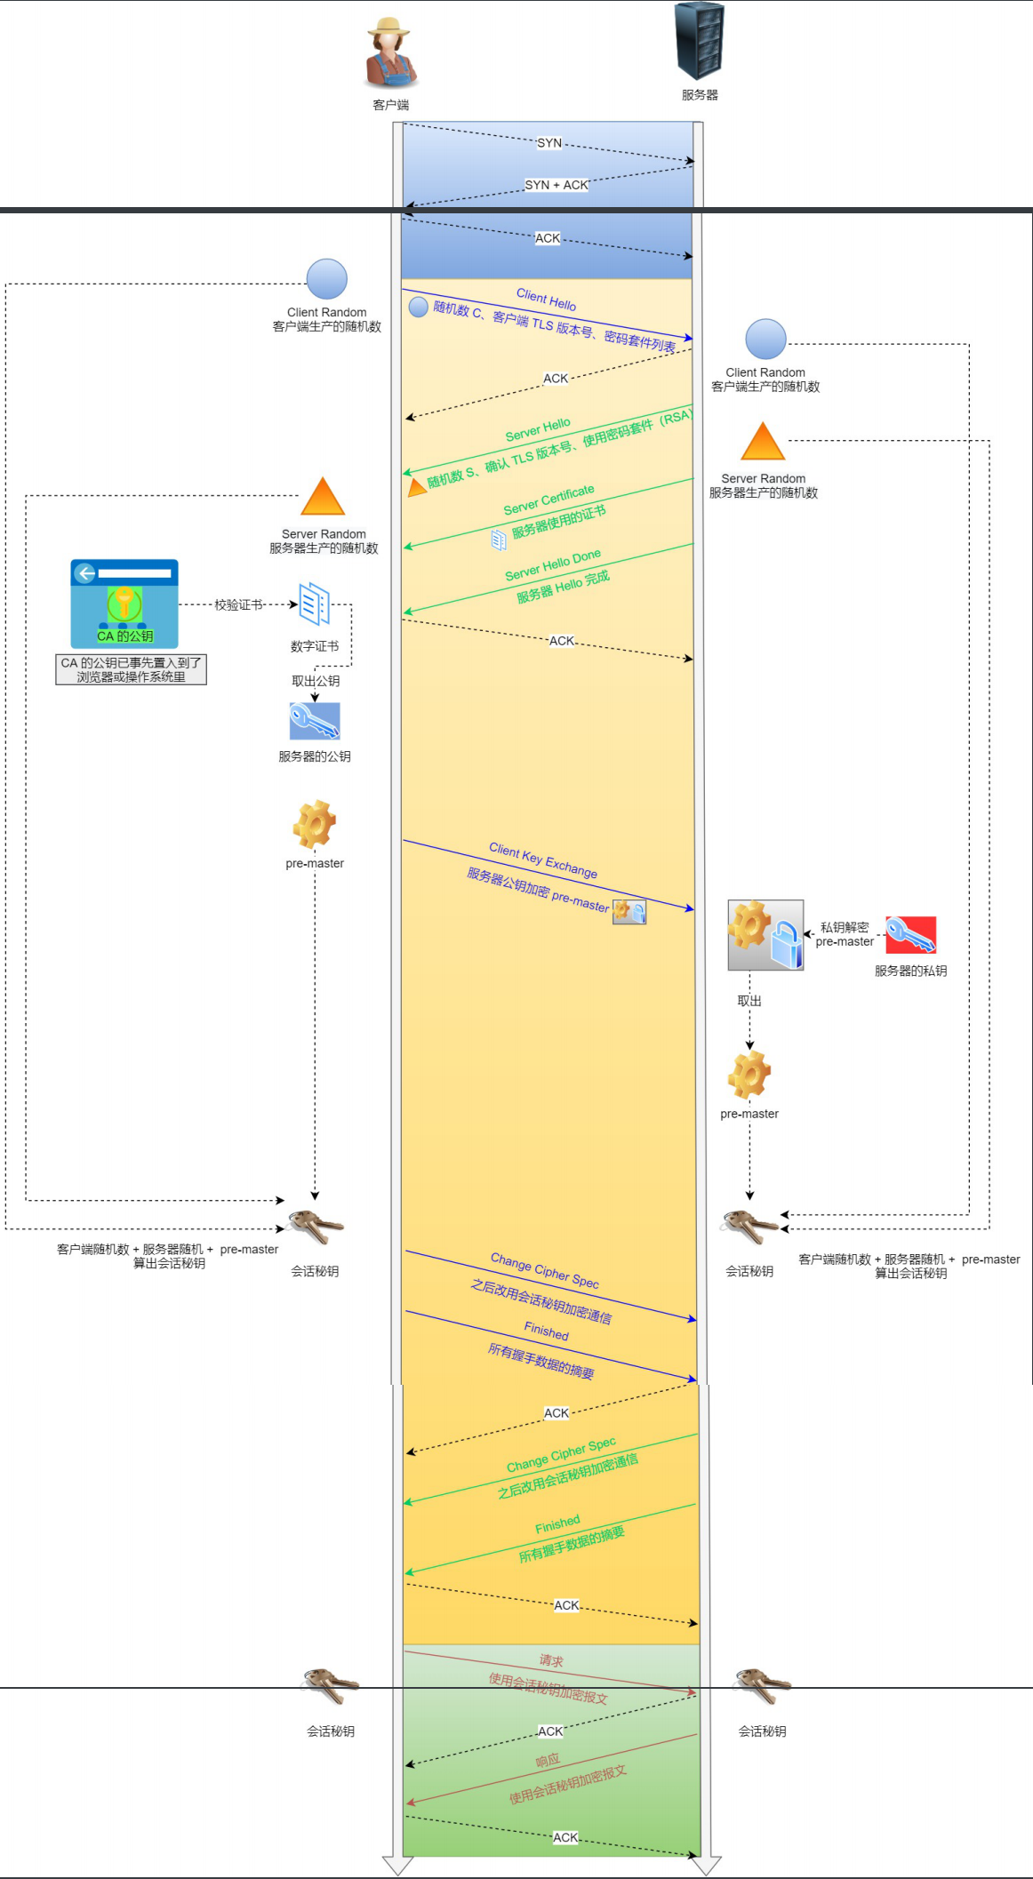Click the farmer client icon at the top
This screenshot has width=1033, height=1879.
[x=390, y=52]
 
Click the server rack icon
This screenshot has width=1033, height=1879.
[x=700, y=41]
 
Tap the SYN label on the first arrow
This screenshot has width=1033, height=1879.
[x=549, y=143]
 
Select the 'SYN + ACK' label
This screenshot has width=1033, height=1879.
[x=557, y=185]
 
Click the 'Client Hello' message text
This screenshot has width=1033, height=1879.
[x=546, y=300]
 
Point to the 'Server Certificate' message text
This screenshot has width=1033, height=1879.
[x=549, y=500]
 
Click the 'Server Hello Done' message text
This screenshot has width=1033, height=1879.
[x=553, y=565]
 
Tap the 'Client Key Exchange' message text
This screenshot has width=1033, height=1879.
[x=543, y=860]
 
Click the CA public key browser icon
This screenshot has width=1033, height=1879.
[x=124, y=603]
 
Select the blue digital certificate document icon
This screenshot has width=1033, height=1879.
[x=315, y=604]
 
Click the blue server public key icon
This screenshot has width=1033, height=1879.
[x=315, y=721]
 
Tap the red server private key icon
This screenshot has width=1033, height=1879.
[x=910, y=934]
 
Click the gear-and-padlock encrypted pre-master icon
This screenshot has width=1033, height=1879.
[x=765, y=934]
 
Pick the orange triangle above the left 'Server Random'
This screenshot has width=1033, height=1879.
[x=323, y=497]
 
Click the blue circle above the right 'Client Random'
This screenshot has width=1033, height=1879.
[x=765, y=340]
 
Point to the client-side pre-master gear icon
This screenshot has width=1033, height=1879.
[x=315, y=824]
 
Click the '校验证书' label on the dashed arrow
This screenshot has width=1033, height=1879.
[x=238, y=604]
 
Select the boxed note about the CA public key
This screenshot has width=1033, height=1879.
[x=131, y=669]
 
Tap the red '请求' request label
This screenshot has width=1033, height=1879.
[x=551, y=1660]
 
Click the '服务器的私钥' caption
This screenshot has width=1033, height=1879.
[x=910, y=971]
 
